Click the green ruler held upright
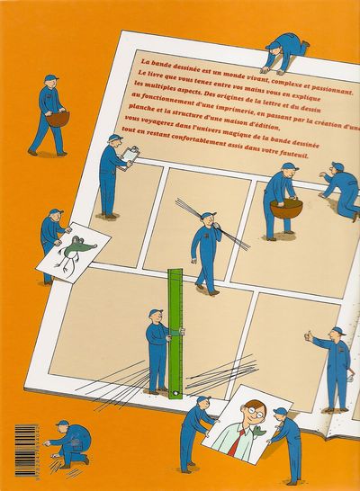pyautogui.click(x=175, y=334)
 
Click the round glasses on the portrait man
pyautogui.click(x=254, y=409)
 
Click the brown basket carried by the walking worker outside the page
pyautogui.click(x=58, y=117)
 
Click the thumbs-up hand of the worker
pyautogui.click(x=309, y=335)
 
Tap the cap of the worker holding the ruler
pyautogui.click(x=156, y=313)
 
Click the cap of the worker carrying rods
pyautogui.click(x=209, y=215)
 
